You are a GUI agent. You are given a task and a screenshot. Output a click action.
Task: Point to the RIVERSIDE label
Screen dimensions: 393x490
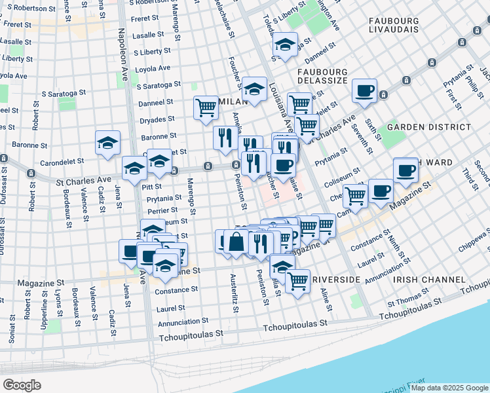336,280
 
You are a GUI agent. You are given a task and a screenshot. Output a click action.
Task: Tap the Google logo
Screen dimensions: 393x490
22,384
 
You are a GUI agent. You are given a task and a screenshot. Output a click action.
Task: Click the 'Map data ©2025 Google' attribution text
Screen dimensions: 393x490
449,388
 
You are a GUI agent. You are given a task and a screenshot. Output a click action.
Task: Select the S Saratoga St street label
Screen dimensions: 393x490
159,85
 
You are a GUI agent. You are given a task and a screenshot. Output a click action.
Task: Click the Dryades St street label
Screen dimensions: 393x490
157,119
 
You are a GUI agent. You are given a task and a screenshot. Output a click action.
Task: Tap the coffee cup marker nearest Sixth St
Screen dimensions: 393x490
364,91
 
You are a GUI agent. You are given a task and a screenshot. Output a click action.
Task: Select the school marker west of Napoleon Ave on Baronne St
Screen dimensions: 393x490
107,142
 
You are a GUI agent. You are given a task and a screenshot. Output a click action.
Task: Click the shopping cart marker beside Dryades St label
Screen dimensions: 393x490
206,107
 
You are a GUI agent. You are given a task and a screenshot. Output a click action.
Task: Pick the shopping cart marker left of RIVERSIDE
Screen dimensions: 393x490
297,281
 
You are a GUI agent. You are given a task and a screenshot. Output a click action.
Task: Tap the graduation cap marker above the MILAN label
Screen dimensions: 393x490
254,88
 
